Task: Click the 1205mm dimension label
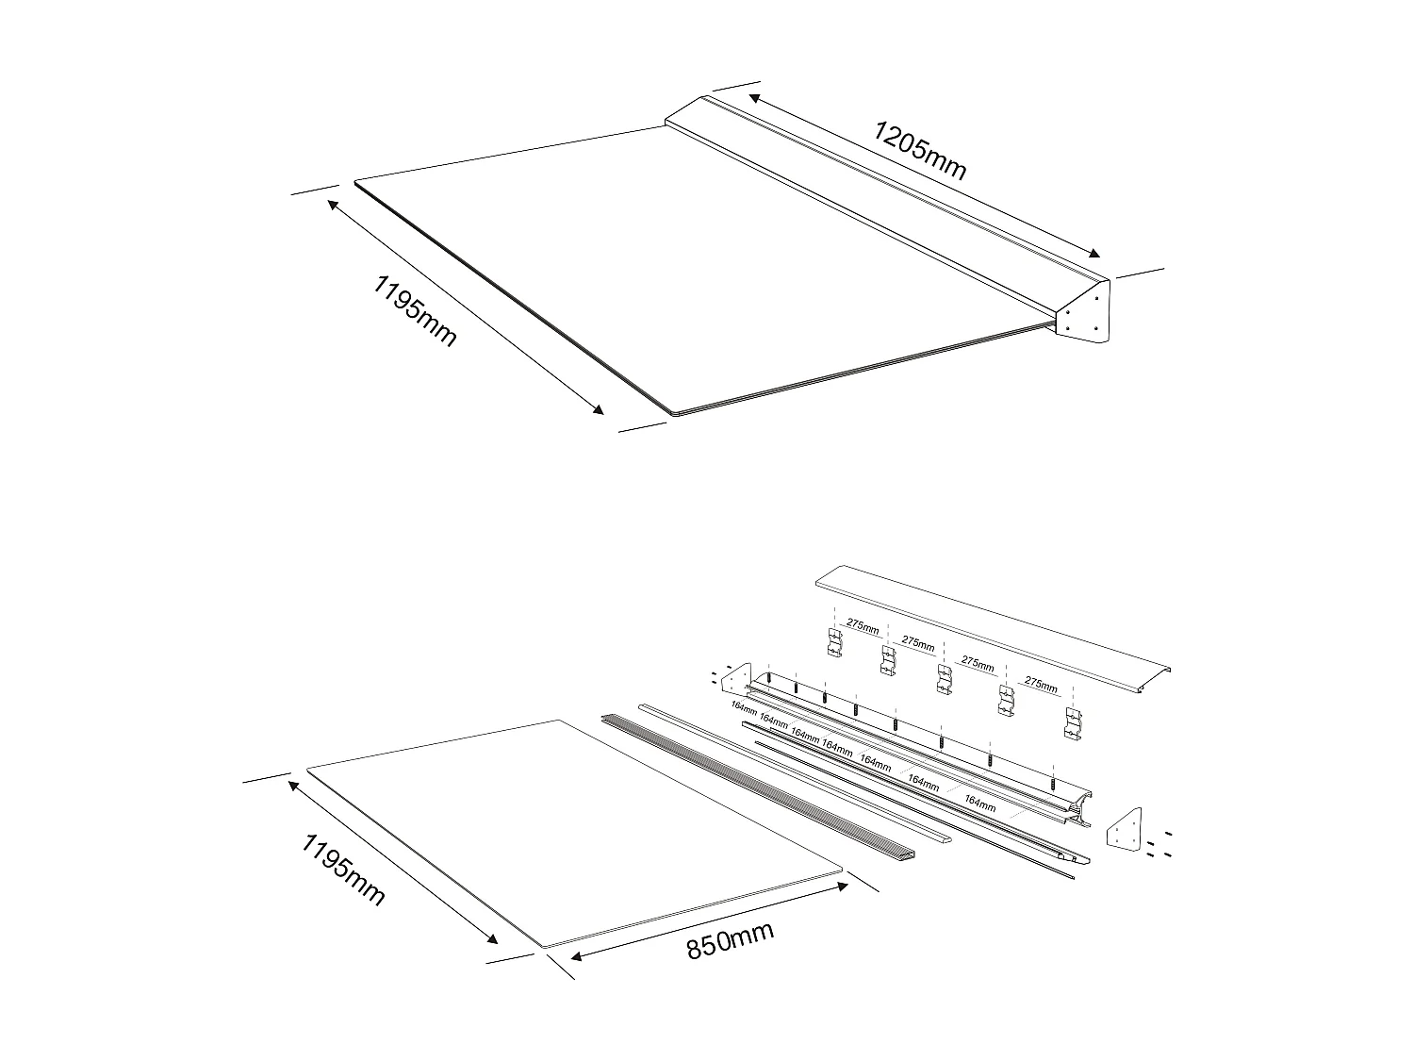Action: click(x=919, y=149)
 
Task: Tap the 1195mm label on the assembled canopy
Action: click(x=416, y=310)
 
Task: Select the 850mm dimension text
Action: click(x=730, y=940)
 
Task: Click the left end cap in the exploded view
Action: click(x=735, y=678)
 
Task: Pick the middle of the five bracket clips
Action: click(x=945, y=679)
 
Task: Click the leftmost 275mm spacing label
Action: click(x=862, y=625)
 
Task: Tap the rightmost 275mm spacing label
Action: click(x=1040, y=685)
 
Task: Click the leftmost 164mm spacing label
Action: click(x=744, y=707)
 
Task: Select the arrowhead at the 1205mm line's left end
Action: click(x=753, y=96)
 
